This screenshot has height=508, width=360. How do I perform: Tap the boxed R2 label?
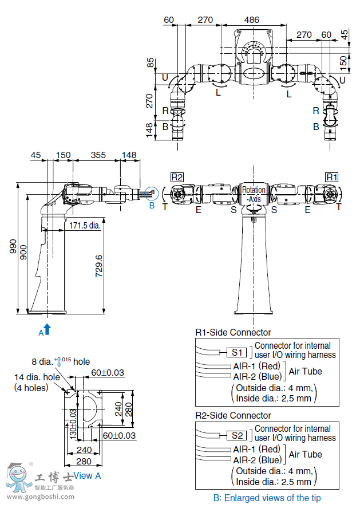(176, 177)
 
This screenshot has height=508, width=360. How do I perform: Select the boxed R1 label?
(332, 177)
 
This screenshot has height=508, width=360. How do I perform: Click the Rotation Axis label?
(254, 194)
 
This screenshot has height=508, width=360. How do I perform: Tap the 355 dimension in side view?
(98, 155)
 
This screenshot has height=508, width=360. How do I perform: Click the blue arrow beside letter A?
(48, 328)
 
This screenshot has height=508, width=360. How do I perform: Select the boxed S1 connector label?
(239, 353)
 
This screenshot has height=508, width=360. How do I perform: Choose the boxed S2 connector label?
(239, 436)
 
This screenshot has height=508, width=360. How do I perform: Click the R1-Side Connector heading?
(233, 332)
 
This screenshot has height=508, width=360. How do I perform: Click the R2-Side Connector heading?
(233, 415)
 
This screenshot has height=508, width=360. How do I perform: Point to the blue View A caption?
(87, 475)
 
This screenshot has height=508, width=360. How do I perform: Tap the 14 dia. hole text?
(37, 377)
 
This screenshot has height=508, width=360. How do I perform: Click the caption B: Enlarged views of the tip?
(267, 498)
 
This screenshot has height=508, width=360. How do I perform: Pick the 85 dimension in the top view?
(151, 62)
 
